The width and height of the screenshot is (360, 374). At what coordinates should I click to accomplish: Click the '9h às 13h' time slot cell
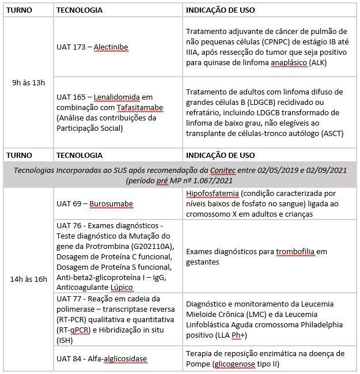[x=28, y=82]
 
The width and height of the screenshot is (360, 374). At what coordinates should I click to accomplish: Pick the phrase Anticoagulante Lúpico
[x=96, y=287]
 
